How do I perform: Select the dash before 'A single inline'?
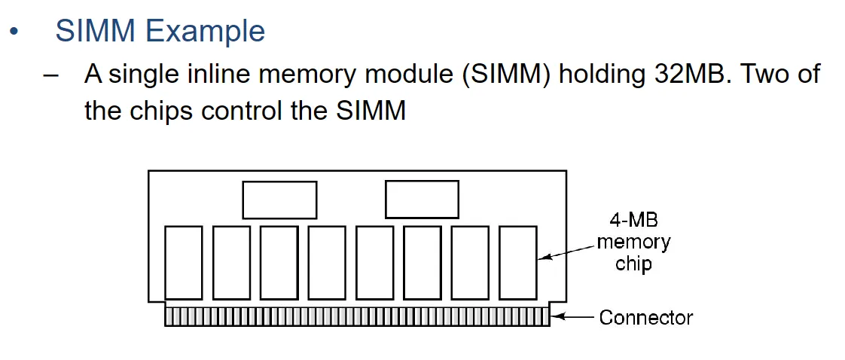pos(50,75)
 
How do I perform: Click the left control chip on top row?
pos(279,200)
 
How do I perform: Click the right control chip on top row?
pos(422,199)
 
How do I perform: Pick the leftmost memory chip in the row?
pos(183,261)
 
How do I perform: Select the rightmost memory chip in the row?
pos(517,261)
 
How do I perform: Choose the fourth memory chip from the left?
pos(327,261)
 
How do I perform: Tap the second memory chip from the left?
pos(231,261)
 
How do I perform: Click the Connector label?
pos(646,318)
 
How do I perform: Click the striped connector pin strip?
pos(357,316)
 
